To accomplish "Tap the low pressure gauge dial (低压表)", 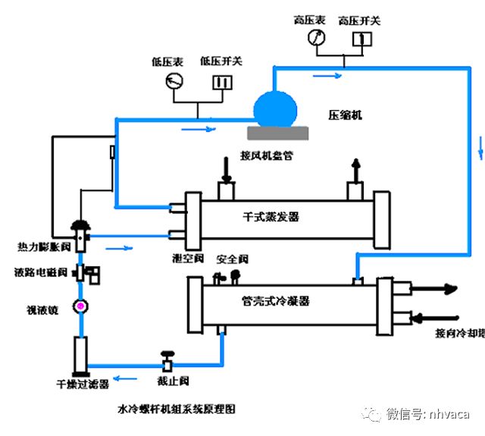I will [x=175, y=82].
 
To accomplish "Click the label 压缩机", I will [x=345, y=114].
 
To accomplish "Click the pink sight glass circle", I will [x=78, y=306].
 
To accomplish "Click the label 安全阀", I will [x=232, y=259].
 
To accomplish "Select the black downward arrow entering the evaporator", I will [x=226, y=168].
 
